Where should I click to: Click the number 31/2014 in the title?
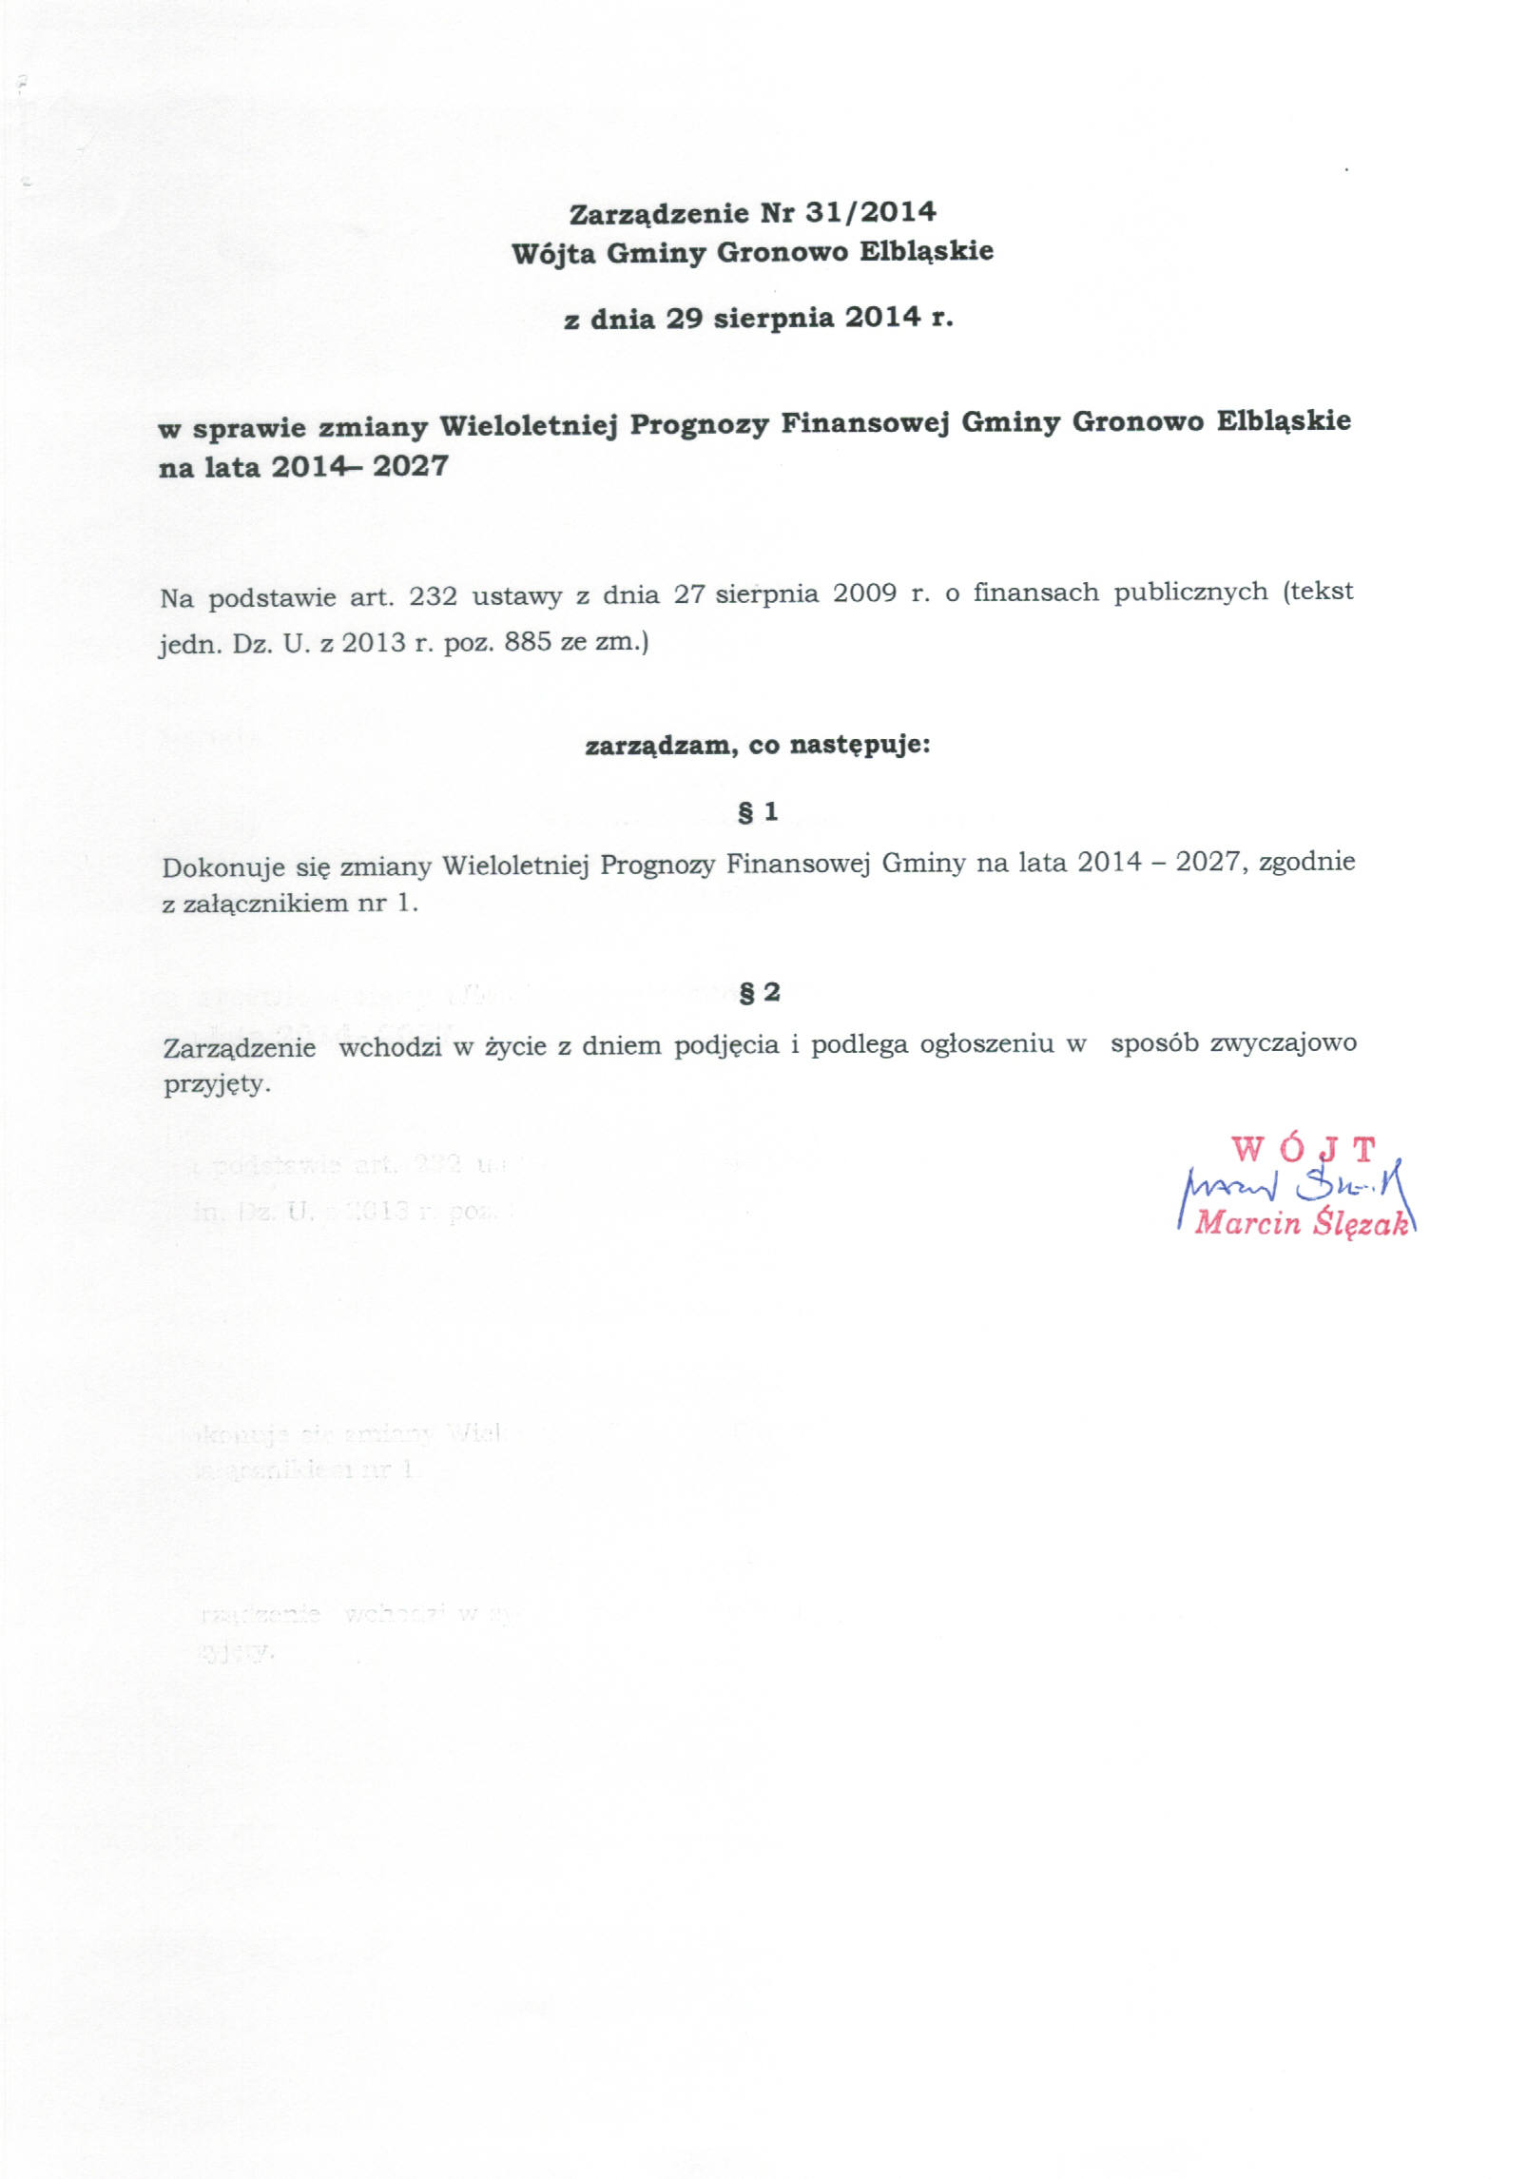click(870, 211)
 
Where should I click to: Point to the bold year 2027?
click(410, 467)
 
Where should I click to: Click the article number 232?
click(433, 596)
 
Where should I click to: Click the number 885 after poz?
click(528, 642)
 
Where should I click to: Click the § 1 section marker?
click(758, 812)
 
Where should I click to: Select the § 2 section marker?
click(759, 992)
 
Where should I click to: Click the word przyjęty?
click(217, 1084)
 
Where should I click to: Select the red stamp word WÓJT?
click(1304, 1149)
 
